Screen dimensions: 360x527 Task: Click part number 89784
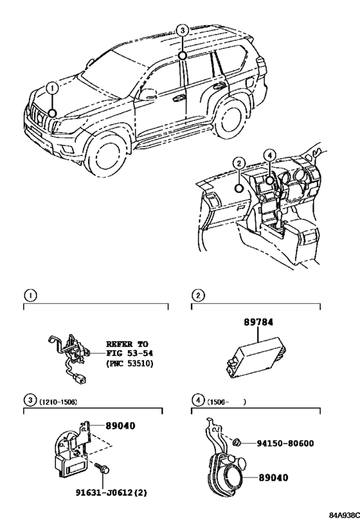coord(258,322)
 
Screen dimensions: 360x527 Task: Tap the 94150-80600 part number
coord(285,443)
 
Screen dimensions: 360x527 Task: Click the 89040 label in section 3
coord(120,426)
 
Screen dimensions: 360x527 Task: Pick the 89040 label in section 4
coord(273,477)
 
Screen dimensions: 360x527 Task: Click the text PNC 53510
coord(129,364)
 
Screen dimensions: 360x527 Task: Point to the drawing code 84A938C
coord(344,515)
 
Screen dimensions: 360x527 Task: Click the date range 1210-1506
coord(59,402)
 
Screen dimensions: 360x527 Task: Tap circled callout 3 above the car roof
coord(182,31)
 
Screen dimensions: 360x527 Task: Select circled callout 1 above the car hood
coord(52,89)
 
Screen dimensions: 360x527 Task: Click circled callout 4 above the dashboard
coord(269,155)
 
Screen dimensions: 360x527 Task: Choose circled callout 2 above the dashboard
coord(239,164)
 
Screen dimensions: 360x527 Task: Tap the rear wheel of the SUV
coord(229,117)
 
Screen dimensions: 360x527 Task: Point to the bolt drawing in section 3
coord(102,468)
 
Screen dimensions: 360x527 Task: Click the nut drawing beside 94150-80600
coord(236,442)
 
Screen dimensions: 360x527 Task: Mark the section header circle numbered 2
coord(198,295)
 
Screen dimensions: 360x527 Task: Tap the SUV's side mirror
coord(148,95)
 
